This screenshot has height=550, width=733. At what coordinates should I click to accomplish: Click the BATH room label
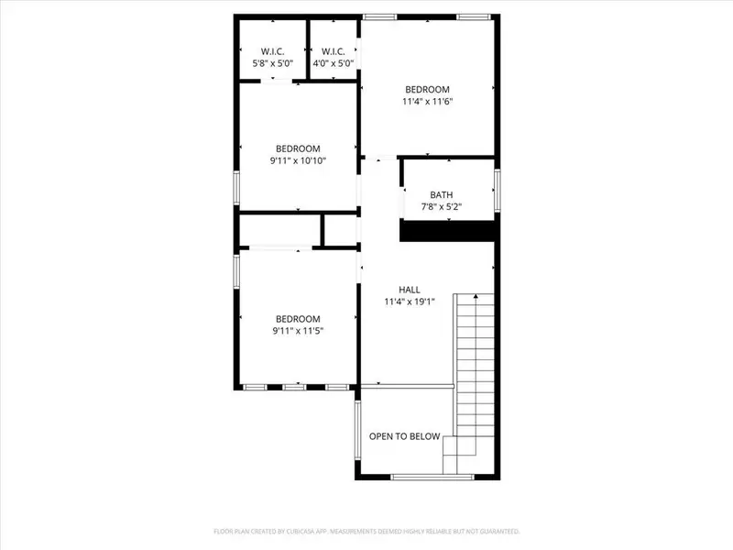(442, 194)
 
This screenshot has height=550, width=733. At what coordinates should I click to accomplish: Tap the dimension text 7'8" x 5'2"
(442, 206)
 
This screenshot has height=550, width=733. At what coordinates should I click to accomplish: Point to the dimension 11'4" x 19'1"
(409, 301)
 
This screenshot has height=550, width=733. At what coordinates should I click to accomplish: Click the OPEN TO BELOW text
(404, 436)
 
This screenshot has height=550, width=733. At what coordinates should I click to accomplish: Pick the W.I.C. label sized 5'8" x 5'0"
(272, 50)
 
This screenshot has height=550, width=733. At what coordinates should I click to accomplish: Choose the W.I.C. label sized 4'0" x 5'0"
(333, 50)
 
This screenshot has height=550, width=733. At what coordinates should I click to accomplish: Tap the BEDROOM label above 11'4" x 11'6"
(428, 89)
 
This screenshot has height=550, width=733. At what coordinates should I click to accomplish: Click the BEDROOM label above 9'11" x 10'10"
(298, 148)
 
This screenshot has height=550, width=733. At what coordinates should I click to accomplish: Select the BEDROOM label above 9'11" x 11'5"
(298, 319)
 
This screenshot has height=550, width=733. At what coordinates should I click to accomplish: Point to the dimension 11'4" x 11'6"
(428, 102)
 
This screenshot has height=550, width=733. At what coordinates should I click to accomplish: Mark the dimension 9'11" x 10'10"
(298, 160)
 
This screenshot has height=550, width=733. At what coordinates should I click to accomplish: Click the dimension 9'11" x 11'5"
(298, 331)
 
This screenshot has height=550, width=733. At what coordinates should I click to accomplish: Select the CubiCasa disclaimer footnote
(366, 531)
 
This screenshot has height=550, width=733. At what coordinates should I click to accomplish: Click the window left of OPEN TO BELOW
(358, 435)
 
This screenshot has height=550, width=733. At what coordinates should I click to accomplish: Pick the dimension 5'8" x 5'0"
(272, 63)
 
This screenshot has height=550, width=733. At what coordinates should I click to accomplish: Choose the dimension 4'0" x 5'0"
(333, 63)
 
